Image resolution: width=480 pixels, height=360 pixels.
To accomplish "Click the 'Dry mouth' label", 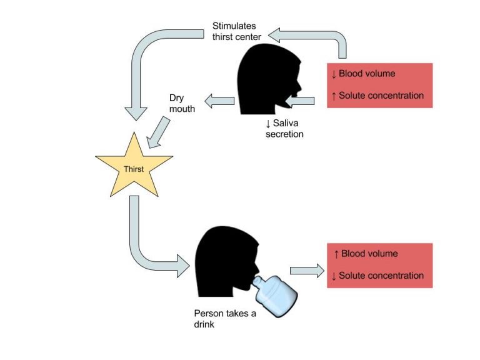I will (x=182, y=104).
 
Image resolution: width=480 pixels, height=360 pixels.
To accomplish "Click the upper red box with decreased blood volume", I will (x=380, y=85).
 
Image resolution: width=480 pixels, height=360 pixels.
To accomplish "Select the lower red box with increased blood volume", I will (x=380, y=265).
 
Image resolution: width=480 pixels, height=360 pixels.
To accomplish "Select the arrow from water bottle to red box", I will (x=307, y=270).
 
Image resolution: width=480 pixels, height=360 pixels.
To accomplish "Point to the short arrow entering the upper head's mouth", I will (x=301, y=101).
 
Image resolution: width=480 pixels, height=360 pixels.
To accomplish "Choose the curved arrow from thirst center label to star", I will (x=150, y=56).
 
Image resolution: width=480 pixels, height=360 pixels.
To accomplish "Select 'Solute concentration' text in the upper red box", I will (x=381, y=96).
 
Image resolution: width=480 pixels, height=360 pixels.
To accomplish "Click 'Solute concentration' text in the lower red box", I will (x=381, y=276).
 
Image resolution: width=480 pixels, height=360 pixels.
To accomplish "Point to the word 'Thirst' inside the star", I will (x=134, y=169).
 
